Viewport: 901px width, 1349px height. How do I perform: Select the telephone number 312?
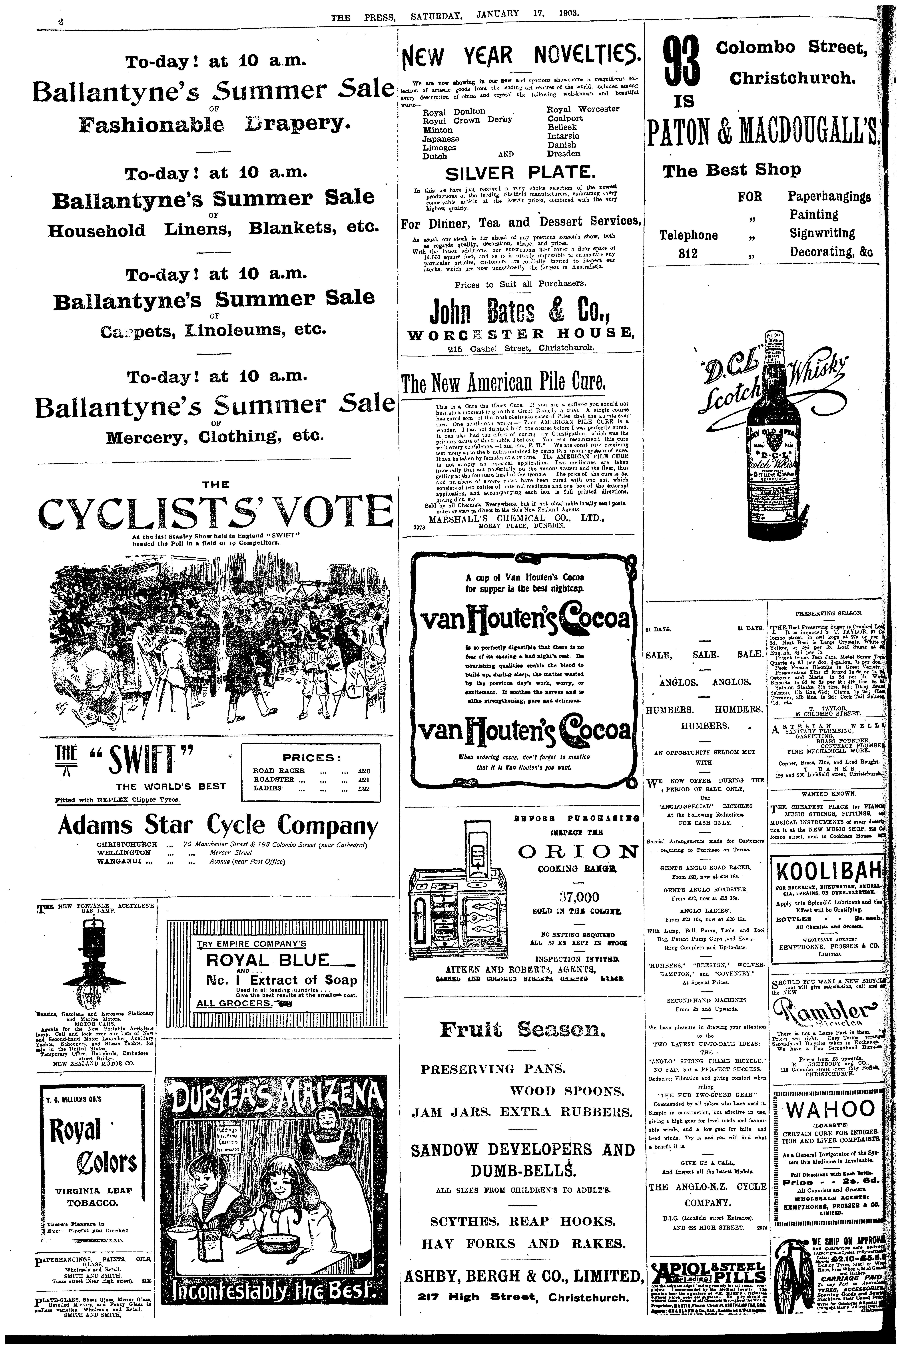coord(688,253)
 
